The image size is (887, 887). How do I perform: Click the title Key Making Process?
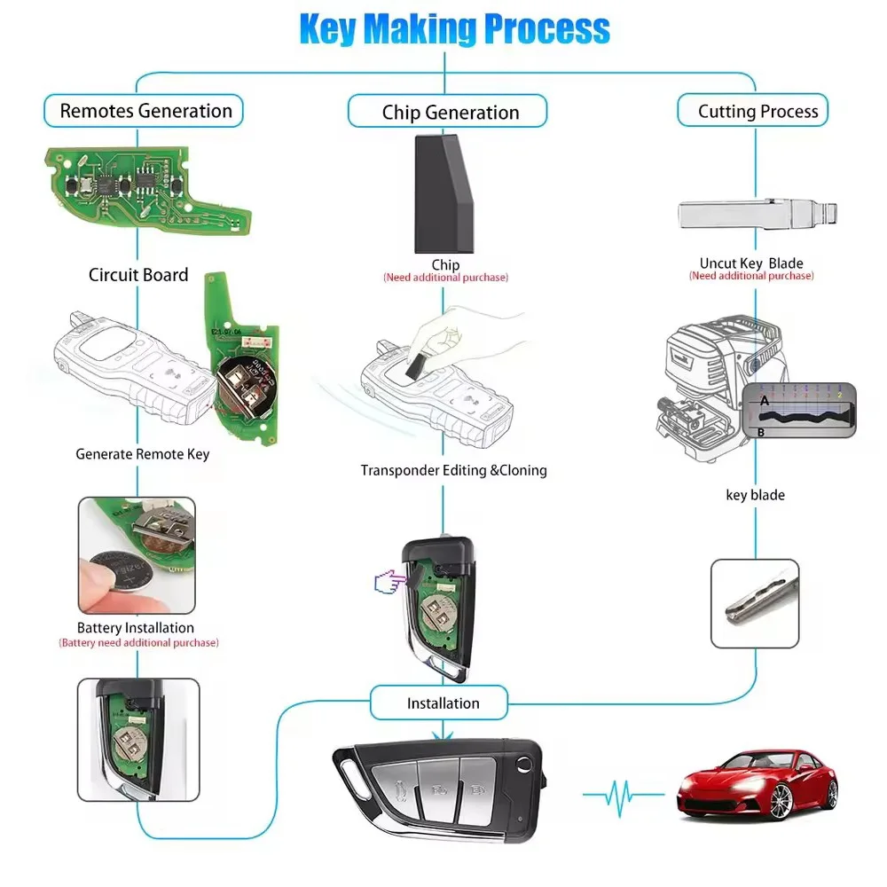(x=454, y=27)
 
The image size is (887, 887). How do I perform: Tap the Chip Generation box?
(x=450, y=113)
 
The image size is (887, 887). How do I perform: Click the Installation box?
(x=443, y=703)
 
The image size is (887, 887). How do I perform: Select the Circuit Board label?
(x=138, y=275)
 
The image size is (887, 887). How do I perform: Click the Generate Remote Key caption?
(x=142, y=454)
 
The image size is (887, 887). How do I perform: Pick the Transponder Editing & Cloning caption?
(x=453, y=470)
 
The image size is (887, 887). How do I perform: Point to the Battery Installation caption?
(x=135, y=628)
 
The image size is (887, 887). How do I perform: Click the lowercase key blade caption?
(x=755, y=495)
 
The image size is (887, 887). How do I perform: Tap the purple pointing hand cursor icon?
(x=386, y=584)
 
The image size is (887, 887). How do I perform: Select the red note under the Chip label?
(x=445, y=278)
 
